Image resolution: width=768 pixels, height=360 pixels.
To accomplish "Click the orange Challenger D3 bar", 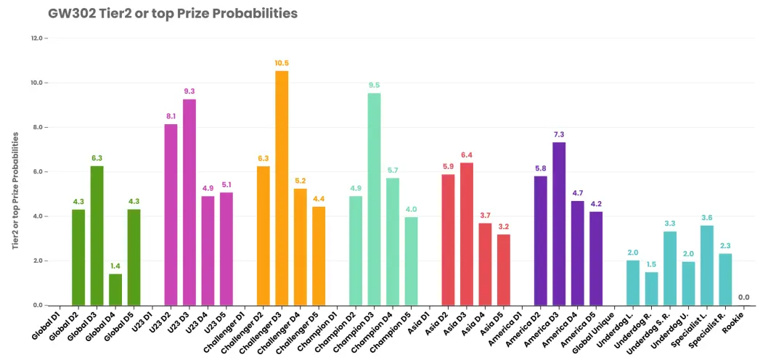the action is pos(282,188).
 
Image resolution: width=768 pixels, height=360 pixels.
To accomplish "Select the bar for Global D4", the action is pos(115,290).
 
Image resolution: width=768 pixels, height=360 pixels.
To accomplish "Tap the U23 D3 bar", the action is pos(189,202).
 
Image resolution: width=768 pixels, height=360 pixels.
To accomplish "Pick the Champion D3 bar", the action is pos(375,200).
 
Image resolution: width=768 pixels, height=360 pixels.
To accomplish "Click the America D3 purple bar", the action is pos(559,224).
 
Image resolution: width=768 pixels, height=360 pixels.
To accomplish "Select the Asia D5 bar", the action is pos(504,270).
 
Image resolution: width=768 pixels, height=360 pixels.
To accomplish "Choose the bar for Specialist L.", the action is pos(707,266).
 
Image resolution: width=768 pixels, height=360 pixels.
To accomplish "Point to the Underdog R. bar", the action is pos(651,289).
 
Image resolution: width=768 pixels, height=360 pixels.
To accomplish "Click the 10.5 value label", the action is pos(282,63).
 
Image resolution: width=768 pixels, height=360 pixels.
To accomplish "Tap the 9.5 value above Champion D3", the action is pos(375,85).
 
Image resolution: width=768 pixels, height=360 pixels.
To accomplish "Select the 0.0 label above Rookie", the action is pos(744,298).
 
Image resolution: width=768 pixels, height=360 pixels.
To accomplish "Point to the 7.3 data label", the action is pos(559,135).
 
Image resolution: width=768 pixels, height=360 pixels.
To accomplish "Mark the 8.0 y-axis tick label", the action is pos(38,127).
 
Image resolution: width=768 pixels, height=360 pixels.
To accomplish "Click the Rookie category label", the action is pos(735,321).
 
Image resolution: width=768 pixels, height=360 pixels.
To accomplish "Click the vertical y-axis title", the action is pos(16,189).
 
